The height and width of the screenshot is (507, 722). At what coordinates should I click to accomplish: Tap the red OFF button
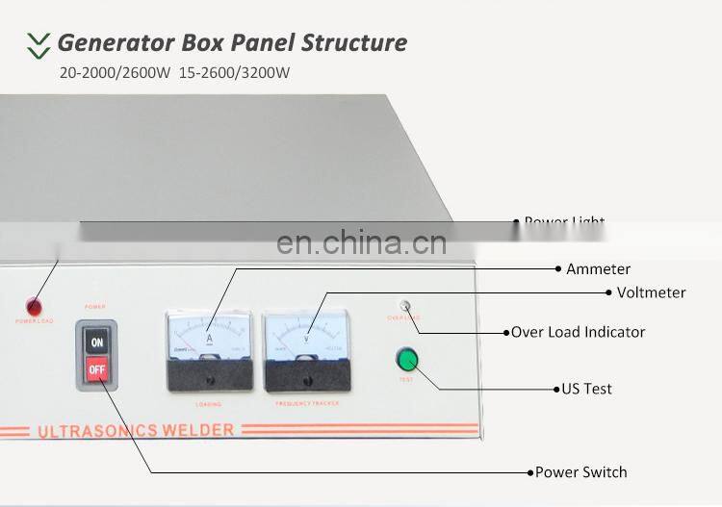pos(96,368)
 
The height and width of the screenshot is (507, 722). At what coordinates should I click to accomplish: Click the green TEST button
pos(407,361)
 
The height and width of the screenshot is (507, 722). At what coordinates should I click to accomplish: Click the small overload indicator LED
pos(405,307)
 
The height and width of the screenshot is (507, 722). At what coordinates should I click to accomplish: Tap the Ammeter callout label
pos(598,269)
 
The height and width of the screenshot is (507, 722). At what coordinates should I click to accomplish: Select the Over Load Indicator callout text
pos(578,332)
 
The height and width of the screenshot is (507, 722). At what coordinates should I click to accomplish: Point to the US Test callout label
pos(587,389)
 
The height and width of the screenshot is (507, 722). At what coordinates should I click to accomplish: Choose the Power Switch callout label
pos(580,472)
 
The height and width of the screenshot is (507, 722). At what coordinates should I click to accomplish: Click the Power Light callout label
pos(564,222)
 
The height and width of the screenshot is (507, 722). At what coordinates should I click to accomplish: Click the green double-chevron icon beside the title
pos(39,43)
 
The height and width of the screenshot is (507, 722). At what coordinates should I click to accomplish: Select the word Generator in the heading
pos(113,42)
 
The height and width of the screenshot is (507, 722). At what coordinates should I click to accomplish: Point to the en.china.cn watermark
pos(361,242)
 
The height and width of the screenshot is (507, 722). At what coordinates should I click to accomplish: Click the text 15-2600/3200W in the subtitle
pos(234,72)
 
